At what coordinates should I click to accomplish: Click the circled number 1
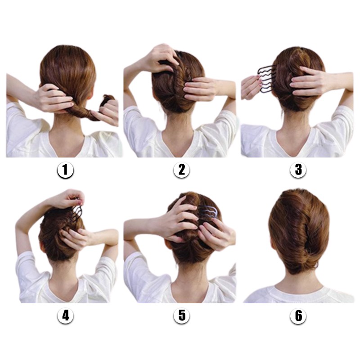(65, 170)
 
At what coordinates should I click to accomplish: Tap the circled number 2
(181, 170)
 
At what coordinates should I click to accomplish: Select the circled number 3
(298, 170)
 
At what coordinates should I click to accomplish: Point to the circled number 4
(65, 315)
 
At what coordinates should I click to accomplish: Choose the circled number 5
(181, 315)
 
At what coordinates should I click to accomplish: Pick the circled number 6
(298, 315)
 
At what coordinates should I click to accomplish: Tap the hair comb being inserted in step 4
(77, 212)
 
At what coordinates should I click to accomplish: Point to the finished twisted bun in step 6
(298, 232)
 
